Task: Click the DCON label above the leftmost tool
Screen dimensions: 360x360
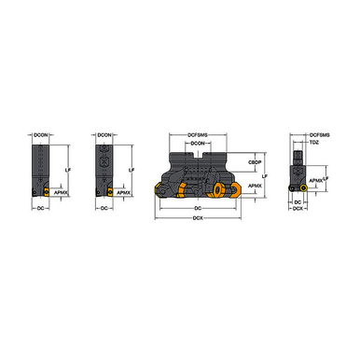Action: (40, 134)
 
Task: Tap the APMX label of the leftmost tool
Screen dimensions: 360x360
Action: (62, 194)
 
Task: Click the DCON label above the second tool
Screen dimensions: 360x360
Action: (106, 134)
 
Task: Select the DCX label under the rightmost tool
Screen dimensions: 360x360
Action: (298, 209)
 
